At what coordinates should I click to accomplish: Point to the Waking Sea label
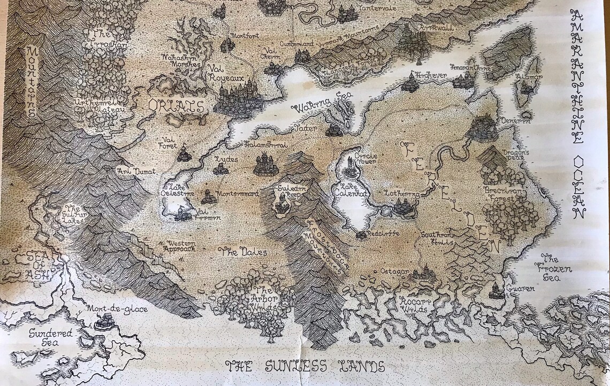[314, 109]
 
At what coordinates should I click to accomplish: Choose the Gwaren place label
[522, 289]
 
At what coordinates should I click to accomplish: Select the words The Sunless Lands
[306, 367]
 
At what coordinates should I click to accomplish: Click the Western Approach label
[177, 246]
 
